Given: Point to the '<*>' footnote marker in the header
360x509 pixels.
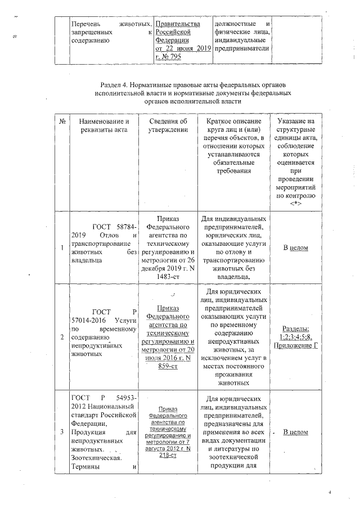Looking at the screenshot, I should click(295, 204).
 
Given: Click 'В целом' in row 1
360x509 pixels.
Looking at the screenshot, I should click(295, 248).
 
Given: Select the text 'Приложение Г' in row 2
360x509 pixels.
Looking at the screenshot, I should click(295, 345).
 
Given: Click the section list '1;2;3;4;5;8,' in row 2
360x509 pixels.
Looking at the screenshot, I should click(295, 336).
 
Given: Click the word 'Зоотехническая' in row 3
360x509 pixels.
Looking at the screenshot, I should click(93, 458).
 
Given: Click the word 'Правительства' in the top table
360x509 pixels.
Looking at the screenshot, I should click(178, 25).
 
